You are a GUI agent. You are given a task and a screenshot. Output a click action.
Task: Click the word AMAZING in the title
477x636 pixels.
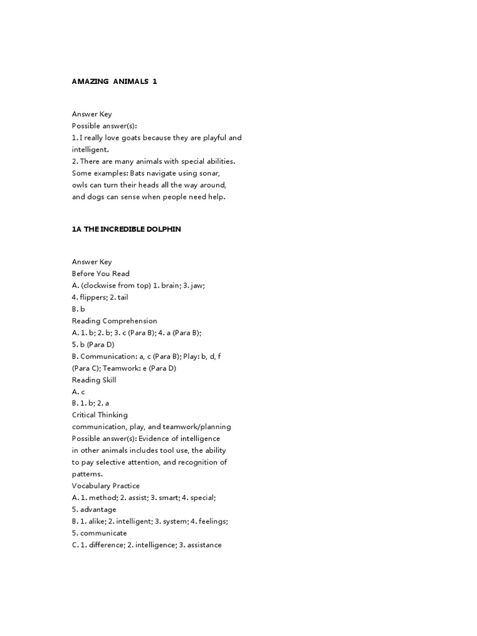89,81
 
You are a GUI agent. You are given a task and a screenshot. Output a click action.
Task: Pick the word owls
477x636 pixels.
81,185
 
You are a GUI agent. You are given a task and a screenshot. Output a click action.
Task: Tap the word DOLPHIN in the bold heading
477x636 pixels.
163,229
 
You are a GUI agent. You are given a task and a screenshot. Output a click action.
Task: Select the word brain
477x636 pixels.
171,286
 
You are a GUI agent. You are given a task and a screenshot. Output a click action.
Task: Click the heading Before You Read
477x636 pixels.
101,274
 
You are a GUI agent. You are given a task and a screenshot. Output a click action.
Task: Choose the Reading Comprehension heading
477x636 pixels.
114,321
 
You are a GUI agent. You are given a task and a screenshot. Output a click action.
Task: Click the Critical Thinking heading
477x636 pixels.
100,415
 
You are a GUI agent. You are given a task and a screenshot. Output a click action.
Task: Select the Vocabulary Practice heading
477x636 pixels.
106,486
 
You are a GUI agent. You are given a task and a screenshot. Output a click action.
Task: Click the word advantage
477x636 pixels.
98,509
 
